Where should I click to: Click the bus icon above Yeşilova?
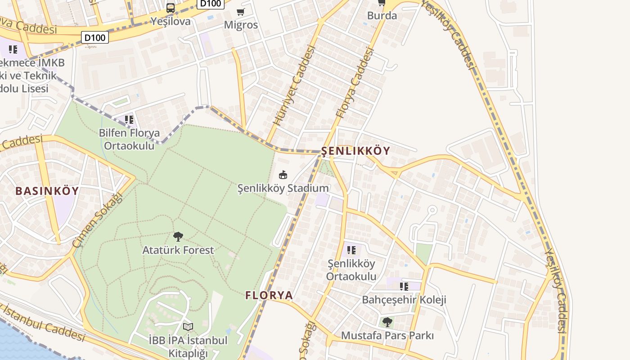171,8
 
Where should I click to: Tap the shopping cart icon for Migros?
241,12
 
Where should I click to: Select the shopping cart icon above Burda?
382,3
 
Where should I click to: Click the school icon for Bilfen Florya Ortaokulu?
129,120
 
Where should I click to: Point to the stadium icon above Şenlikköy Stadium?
283,175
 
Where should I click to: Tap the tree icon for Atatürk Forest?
178,236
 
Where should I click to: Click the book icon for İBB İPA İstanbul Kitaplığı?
188,327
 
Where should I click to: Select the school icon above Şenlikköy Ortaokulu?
351,250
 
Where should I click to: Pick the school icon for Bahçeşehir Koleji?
404,286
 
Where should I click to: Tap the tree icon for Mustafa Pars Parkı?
387,322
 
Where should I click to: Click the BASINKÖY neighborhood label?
47,191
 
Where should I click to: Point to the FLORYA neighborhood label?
269,295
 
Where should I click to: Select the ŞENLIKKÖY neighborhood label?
356,151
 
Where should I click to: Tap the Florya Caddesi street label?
355,83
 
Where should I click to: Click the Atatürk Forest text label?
178,250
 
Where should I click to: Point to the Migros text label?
241,25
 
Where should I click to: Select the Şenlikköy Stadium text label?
283,188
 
